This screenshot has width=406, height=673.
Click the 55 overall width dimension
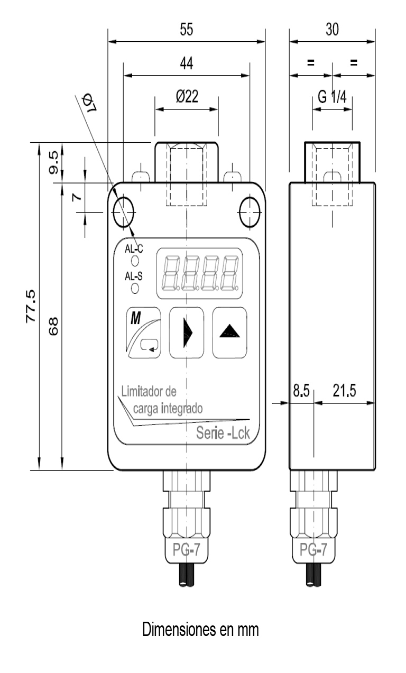[186, 30]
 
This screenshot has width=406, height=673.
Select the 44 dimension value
[186, 64]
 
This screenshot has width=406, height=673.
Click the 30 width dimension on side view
[332, 30]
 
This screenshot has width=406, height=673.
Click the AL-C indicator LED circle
[135, 261]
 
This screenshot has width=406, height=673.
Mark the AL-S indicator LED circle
[135, 288]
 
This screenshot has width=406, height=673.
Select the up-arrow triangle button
[229, 333]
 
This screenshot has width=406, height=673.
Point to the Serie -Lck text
[223, 434]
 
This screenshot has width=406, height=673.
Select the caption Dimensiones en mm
[200, 630]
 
